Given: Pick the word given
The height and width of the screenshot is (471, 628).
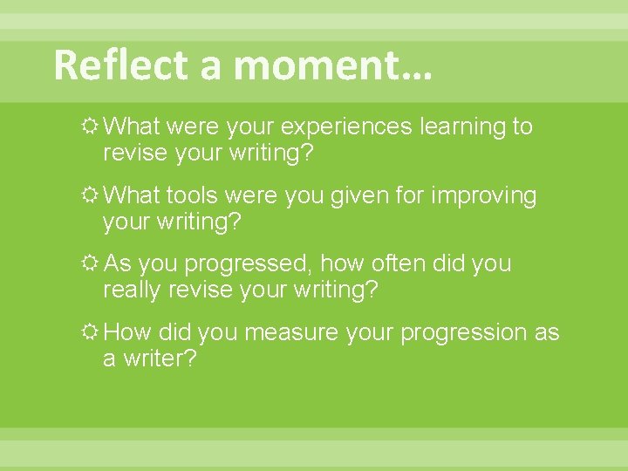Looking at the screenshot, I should click(x=358, y=195).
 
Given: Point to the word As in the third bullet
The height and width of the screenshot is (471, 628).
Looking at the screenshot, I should click(x=117, y=263).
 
